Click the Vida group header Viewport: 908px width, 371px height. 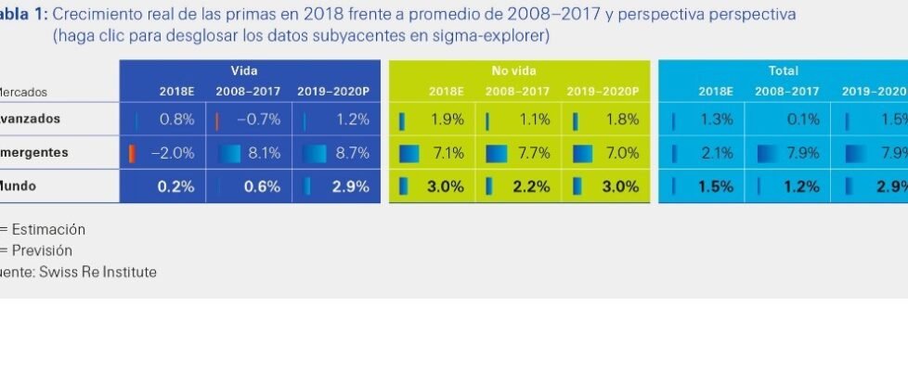[x=244, y=70]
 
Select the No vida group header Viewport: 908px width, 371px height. [x=514, y=70]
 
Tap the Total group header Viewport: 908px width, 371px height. [x=783, y=70]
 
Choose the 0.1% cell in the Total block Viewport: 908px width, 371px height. [x=802, y=120]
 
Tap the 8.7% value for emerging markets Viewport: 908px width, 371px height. [x=351, y=153]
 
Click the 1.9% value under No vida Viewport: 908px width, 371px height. [x=448, y=120]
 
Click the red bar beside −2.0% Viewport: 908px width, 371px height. [x=132, y=153]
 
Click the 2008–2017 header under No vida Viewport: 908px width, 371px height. [x=514, y=91]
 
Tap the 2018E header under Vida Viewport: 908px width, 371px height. [x=176, y=91]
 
